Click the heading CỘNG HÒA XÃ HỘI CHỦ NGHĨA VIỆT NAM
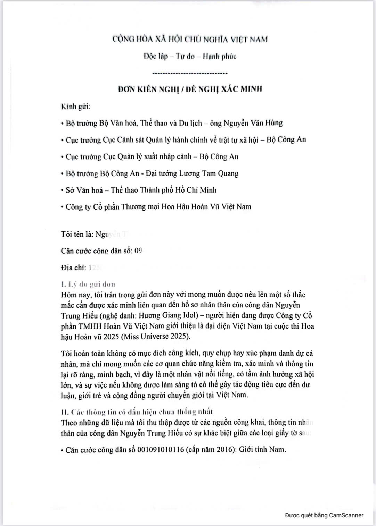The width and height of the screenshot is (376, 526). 190,39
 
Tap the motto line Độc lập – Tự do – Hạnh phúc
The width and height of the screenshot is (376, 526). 190,56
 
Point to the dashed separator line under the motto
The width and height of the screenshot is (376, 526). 190,73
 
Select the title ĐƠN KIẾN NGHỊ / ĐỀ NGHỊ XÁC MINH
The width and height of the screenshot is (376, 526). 190,89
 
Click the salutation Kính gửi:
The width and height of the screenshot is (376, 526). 76,106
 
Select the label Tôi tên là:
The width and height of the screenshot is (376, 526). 77,234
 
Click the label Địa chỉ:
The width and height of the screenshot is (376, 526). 73,268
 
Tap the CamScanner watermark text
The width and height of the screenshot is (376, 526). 324,515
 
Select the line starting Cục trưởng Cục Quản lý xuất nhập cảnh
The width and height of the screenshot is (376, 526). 152,157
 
